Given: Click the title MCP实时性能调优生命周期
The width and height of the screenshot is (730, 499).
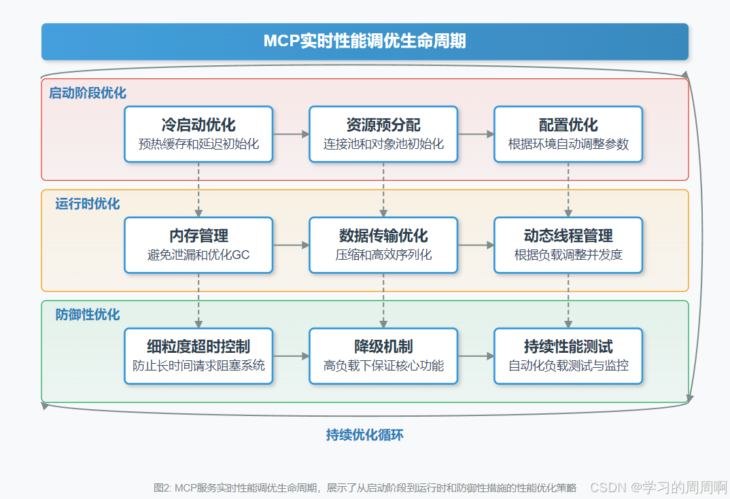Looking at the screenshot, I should coord(365,41).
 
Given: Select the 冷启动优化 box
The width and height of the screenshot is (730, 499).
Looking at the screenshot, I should coord(198,134).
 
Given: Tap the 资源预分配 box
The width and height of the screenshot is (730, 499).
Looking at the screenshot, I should coord(383,134).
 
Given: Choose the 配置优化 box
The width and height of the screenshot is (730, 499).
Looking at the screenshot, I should coord(568,134).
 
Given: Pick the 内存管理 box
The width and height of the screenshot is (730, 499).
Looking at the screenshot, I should coord(198,245).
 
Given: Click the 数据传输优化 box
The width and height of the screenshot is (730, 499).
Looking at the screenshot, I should coord(383,245).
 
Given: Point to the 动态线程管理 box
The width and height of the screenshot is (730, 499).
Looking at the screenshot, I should coord(568,245).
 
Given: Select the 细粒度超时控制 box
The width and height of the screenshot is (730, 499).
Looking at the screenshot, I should coord(198,356).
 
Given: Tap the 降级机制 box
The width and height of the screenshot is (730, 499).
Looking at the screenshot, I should coord(383,356).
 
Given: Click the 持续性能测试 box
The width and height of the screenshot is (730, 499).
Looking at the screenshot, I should coord(568,356).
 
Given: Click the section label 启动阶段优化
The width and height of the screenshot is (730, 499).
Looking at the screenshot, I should coord(88,93).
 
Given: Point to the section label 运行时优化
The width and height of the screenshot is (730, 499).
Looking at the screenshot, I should coord(88,204).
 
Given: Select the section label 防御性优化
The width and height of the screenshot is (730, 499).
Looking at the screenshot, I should coord(88,315).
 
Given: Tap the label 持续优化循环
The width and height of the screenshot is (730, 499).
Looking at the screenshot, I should coord(365,435).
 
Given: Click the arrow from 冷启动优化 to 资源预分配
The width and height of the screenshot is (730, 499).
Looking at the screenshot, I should coord(291,134).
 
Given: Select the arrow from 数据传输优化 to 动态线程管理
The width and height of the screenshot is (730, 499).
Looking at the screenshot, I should coord(476,245).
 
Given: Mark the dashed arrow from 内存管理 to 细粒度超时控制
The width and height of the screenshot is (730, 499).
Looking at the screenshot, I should coord(198,300).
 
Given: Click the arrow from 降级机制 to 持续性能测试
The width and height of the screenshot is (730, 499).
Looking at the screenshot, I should coord(476,356).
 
